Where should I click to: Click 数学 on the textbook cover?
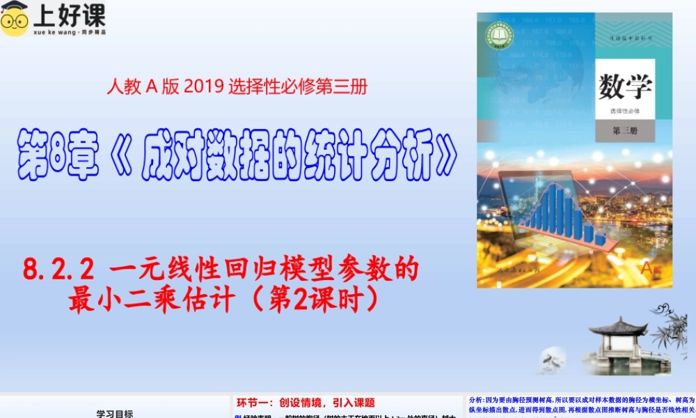pos(625,88)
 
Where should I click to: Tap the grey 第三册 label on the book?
pos(624,130)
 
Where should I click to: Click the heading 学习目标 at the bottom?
pos(115,412)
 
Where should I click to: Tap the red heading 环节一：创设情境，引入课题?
pos(306,402)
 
